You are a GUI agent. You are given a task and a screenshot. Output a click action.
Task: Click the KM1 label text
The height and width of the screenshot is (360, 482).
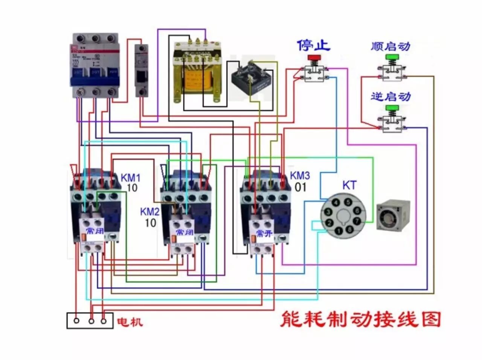[x=130, y=177]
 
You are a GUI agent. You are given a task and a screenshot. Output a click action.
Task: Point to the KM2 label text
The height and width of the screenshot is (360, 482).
[x=150, y=212]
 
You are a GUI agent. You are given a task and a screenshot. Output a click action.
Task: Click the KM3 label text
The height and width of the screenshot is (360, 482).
[x=300, y=175]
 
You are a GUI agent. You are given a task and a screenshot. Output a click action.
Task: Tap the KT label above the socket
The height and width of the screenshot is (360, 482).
[x=349, y=185]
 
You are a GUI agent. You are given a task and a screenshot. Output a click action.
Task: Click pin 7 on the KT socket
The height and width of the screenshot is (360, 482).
[x=356, y=222]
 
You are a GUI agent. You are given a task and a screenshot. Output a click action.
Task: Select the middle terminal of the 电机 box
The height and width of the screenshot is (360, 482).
[x=91, y=321]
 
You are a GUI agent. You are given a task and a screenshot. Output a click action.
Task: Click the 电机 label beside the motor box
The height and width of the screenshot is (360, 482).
[x=130, y=322]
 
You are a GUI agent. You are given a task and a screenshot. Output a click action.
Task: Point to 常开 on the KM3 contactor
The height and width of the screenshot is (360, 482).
[x=264, y=233]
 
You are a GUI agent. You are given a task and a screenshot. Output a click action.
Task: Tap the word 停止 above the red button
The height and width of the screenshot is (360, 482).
[x=313, y=46]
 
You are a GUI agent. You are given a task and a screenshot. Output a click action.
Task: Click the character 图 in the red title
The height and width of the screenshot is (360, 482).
[x=431, y=320]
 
